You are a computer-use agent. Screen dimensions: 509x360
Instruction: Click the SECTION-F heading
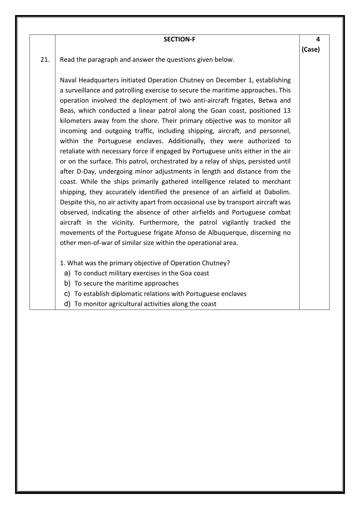179,39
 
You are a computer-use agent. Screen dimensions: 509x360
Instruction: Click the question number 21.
45,60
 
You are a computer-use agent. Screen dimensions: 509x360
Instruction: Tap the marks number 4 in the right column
318,39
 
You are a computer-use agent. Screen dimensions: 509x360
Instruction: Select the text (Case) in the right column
310,49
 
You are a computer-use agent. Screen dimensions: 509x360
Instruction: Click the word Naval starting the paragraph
68,80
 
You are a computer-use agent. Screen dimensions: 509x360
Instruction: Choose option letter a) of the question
67,273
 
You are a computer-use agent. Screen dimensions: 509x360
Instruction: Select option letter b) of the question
67,283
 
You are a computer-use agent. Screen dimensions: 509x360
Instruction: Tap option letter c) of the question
67,294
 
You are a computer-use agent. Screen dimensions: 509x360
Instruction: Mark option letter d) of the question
67,304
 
